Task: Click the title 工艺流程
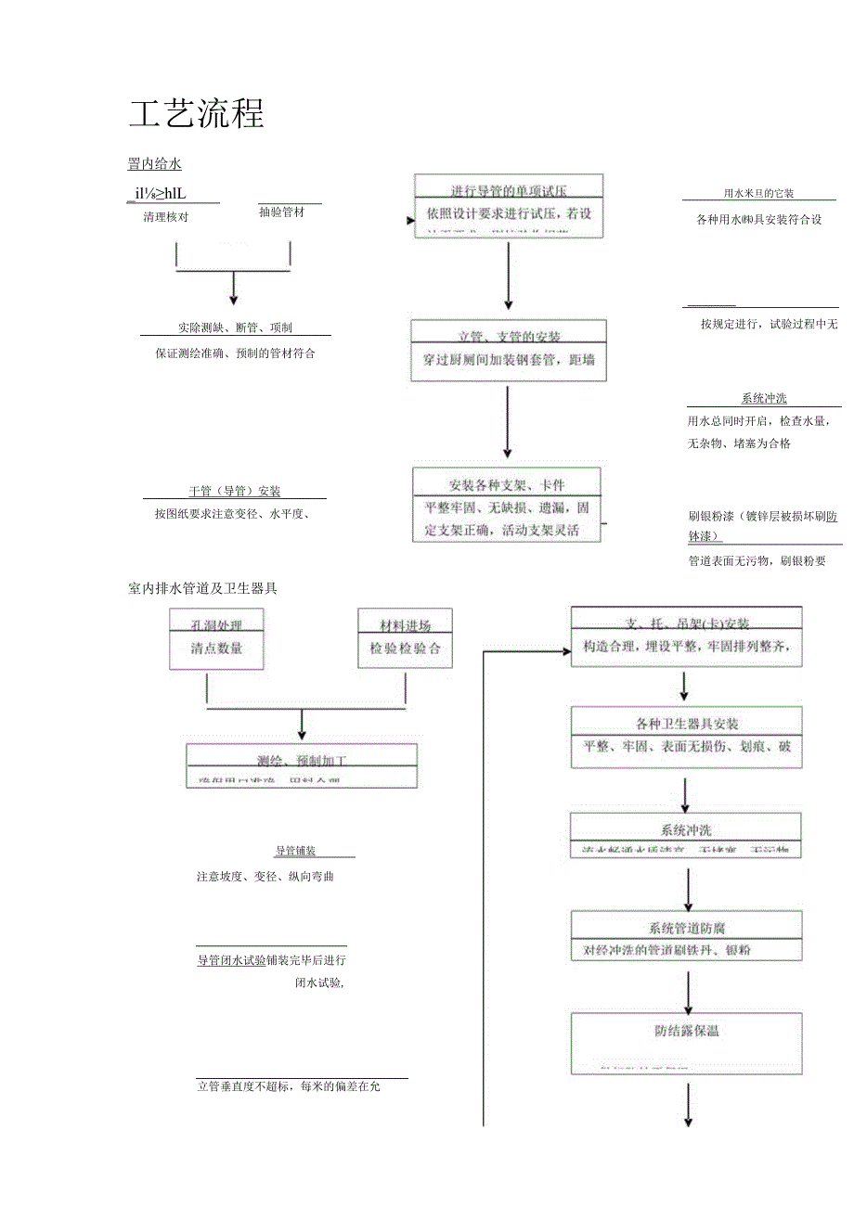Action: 197,113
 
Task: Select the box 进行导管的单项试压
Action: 509,205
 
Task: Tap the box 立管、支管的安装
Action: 509,350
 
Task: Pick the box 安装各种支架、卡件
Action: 507,504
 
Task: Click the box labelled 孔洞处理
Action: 216,638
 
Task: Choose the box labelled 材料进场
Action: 405,638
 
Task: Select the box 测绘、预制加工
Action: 302,765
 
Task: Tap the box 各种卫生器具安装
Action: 687,736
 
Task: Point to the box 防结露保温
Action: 687,1043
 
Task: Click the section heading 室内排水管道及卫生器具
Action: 202,588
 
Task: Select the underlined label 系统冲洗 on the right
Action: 764,399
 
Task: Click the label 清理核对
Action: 166,218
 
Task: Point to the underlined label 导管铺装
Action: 295,851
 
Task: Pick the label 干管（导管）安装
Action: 235,492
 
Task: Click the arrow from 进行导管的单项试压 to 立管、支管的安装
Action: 508,274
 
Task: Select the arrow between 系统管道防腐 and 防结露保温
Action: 688,992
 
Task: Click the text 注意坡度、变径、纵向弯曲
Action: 265,877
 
